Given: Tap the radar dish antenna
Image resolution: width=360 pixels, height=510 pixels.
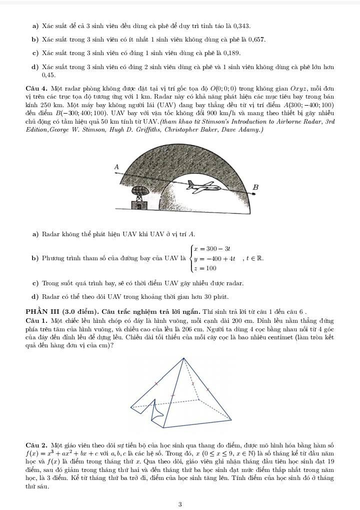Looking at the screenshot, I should pyautogui.click(x=138, y=192).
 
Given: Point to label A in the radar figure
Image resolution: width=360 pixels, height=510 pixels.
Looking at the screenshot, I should pyautogui.click(x=117, y=167).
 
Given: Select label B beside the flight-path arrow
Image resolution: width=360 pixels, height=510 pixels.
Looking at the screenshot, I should pyautogui.click(x=255, y=187).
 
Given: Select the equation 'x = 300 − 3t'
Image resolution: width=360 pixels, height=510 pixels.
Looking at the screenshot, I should pyautogui.click(x=214, y=249).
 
